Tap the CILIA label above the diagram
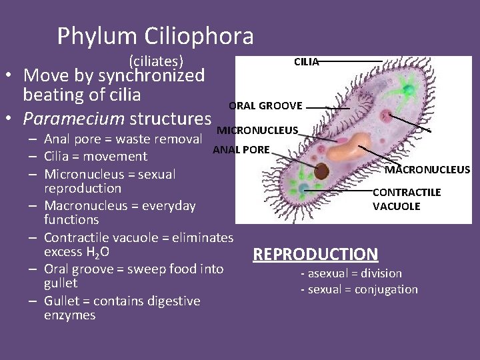point(307,62)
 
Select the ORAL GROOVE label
point(265,105)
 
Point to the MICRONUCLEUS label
point(257,129)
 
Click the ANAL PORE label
point(241,149)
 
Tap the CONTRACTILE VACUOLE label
point(406,199)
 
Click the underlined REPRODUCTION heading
point(315,254)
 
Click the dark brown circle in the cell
point(321,171)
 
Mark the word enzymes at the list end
point(69,315)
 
